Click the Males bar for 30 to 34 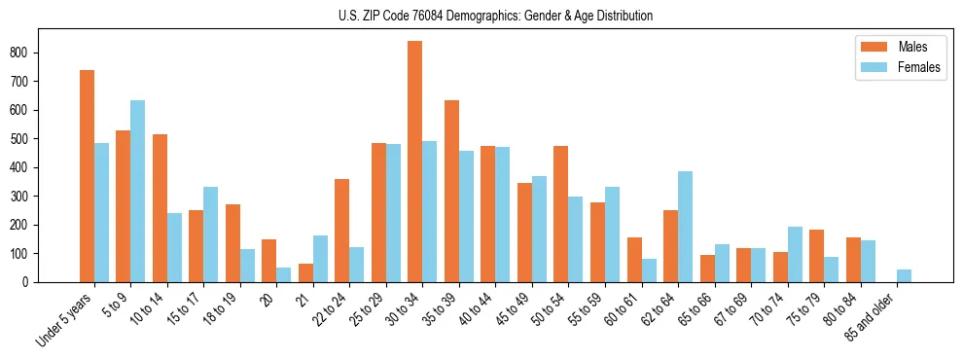pyautogui.click(x=415, y=162)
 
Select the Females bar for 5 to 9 pyautogui.click(x=138, y=191)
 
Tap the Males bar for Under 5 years pyautogui.click(x=87, y=176)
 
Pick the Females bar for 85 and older pyautogui.click(x=904, y=275)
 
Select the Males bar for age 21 pyautogui.click(x=305, y=272)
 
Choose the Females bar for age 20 pyautogui.click(x=284, y=274)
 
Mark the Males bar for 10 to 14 pyautogui.click(x=160, y=208)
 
